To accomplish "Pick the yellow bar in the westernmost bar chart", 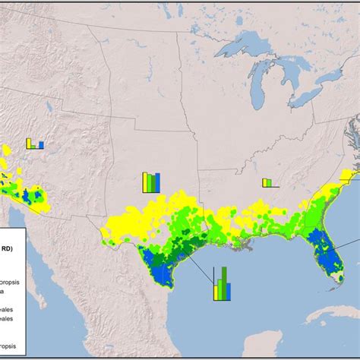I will point(27,143).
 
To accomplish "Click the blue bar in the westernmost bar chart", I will point(42,144).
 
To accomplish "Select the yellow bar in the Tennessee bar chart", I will point(264,182).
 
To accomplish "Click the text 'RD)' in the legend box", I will point(15,245).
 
